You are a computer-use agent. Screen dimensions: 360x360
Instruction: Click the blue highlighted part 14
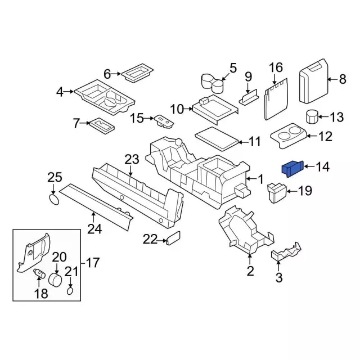[x=292, y=168]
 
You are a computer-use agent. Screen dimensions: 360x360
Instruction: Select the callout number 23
[x=131, y=160]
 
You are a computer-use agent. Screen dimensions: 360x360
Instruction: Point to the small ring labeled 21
[x=70, y=291]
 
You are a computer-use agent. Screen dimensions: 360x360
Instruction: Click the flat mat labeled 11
[x=216, y=136]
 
